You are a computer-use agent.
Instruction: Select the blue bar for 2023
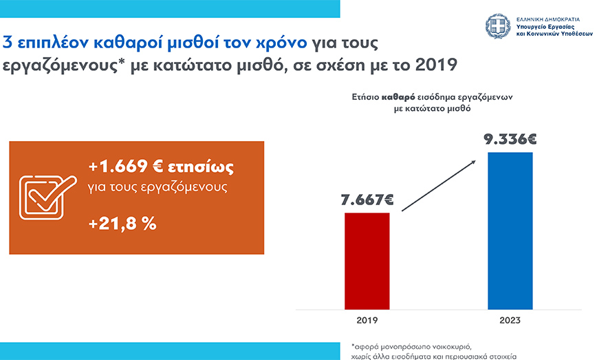tap(510, 230)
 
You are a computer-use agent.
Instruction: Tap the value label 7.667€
tap(367, 201)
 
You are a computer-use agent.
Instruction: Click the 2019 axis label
tap(367, 321)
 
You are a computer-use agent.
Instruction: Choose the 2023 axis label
tap(510, 321)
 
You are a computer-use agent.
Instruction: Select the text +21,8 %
tap(122, 224)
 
